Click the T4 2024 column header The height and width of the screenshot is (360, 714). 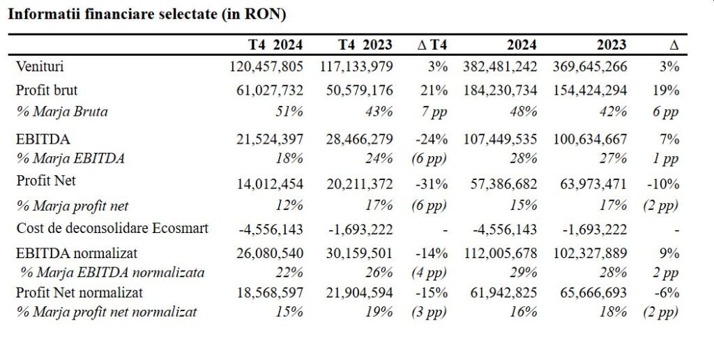click(x=275, y=45)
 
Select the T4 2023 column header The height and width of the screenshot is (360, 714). click(x=365, y=45)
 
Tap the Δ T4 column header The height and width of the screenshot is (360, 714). click(x=432, y=45)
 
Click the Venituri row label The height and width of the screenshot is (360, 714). click(x=40, y=66)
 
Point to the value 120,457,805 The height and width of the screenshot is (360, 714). click(x=266, y=66)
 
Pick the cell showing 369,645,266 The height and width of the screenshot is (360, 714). click(x=590, y=66)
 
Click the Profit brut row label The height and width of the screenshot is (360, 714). click(x=47, y=90)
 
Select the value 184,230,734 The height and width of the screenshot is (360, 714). click(x=500, y=90)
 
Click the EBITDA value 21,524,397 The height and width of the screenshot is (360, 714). click(x=270, y=139)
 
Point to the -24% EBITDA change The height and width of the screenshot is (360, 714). click(x=431, y=139)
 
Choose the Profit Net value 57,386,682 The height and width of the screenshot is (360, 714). click(x=503, y=184)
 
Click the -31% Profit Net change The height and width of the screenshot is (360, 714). click(x=431, y=184)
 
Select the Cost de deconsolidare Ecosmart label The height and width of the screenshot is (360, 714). click(x=112, y=228)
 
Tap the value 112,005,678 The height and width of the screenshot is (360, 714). click(x=500, y=253)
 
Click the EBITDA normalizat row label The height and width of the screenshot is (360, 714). click(x=77, y=253)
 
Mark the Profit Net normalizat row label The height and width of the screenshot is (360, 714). click(x=79, y=292)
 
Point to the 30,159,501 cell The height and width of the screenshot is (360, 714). click(x=359, y=253)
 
